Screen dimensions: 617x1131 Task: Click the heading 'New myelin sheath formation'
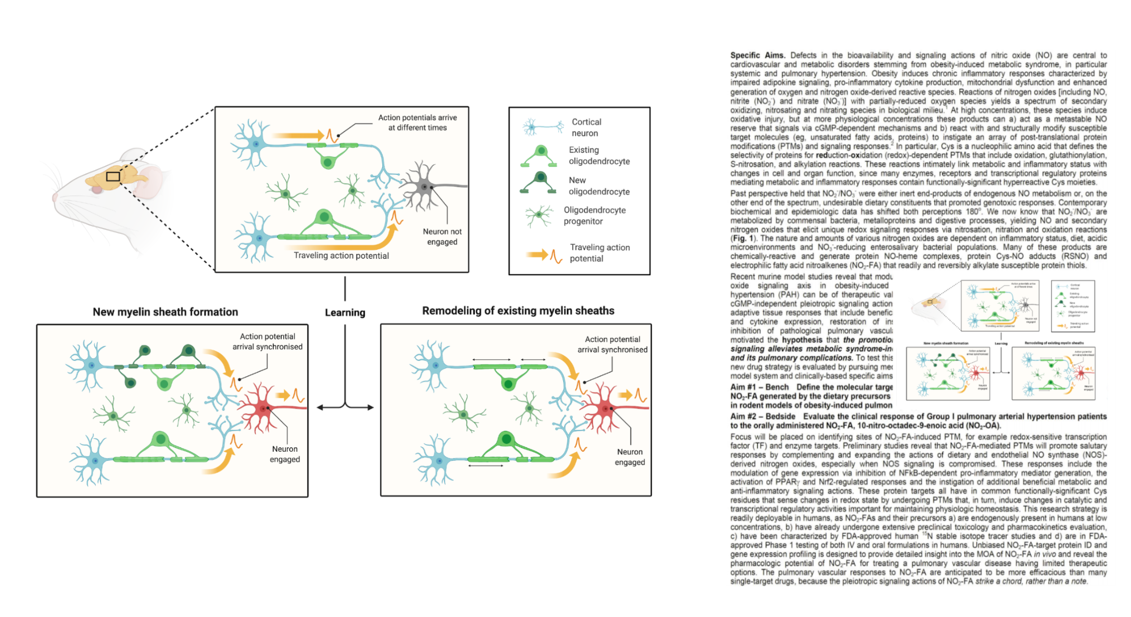click(165, 312)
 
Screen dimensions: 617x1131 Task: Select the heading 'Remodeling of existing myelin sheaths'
click(518, 311)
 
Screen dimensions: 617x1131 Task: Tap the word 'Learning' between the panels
click(345, 313)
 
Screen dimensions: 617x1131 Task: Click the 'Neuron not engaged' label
click(442, 237)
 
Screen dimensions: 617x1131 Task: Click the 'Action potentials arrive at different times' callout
click(417, 123)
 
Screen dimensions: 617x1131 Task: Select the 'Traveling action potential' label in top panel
click(341, 256)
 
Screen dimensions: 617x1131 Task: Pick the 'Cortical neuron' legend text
click(586, 127)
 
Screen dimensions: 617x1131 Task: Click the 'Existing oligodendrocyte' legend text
click(599, 156)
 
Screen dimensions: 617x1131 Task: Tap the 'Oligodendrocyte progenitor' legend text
click(594, 216)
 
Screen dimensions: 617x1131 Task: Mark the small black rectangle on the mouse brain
click(113, 176)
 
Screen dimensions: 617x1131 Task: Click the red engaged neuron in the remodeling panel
click(605, 408)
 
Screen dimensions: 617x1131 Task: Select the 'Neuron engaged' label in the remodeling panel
click(629, 457)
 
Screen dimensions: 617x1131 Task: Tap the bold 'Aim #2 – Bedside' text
click(762, 416)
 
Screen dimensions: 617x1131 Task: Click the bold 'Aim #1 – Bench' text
click(759, 387)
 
